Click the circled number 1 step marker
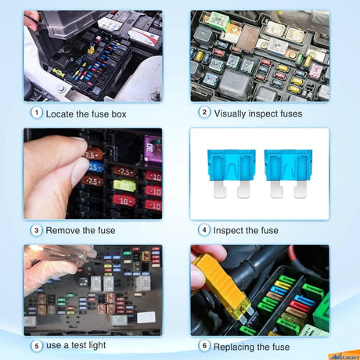37,113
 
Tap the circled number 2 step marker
204,113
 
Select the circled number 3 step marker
37,230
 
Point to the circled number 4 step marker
204,230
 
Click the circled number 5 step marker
37,346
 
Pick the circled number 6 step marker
204,346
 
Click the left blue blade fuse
232,173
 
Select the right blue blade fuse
288,173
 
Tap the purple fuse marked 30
153,149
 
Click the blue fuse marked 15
95,167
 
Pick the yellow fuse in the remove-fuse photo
124,185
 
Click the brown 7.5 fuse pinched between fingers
92,155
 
